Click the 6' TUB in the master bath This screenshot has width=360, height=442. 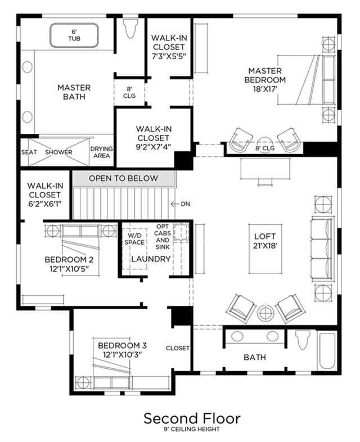click(x=74, y=35)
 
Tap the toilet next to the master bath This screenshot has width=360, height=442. click(x=131, y=28)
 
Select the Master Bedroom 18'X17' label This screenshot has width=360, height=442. click(x=265, y=80)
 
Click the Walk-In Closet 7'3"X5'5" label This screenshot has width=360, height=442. click(x=169, y=47)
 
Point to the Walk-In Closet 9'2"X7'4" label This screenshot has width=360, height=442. click(x=154, y=138)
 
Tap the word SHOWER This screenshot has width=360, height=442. click(x=58, y=152)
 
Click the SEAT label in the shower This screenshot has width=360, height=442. click(x=29, y=152)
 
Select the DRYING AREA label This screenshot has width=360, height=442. click(x=101, y=152)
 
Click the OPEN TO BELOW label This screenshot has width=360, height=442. click(x=124, y=178)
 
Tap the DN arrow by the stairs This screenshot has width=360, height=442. click(x=175, y=204)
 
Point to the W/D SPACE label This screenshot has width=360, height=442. click(x=134, y=239)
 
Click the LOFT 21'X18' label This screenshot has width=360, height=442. click(x=265, y=241)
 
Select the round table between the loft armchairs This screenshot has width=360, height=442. click(x=265, y=313)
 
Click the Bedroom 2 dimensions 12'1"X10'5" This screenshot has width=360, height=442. click(x=69, y=269)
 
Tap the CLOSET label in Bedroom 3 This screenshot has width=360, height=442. click(x=178, y=348)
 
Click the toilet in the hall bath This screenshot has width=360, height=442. click(x=303, y=340)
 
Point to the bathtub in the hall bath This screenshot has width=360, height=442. click(x=327, y=351)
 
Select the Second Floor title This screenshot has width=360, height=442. click(x=192, y=418)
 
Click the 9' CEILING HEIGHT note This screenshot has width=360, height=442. click(x=192, y=429)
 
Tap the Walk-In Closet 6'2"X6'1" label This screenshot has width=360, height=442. click(x=45, y=195)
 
